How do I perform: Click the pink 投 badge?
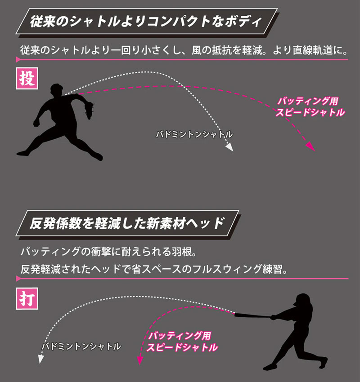click(27, 79)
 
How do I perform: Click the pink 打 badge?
click(27, 298)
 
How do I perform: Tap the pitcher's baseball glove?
click(89, 110)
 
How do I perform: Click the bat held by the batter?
click(253, 316)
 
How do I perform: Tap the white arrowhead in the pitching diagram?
click(229, 147)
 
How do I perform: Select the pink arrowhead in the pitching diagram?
click(310, 147)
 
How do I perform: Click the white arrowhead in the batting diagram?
click(41, 359)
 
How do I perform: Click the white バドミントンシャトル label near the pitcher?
click(194, 134)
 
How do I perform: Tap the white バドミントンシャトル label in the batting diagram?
click(81, 346)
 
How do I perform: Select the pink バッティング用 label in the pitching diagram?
click(308, 101)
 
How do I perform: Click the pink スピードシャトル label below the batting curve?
click(182, 347)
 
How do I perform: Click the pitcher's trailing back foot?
click(23, 153)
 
